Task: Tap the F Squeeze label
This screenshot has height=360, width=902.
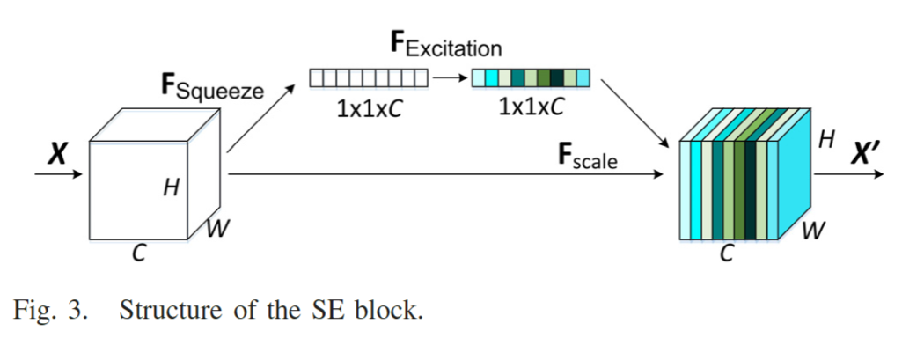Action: pos(211,86)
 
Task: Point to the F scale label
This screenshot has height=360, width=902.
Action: pos(588,158)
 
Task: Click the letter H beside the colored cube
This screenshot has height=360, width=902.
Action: pos(825,139)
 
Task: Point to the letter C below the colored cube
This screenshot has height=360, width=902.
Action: pos(727,254)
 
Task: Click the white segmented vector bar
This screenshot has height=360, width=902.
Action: pos(369,78)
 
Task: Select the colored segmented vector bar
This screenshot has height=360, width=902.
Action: pos(531,78)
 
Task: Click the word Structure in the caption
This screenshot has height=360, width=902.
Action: pos(168,312)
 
